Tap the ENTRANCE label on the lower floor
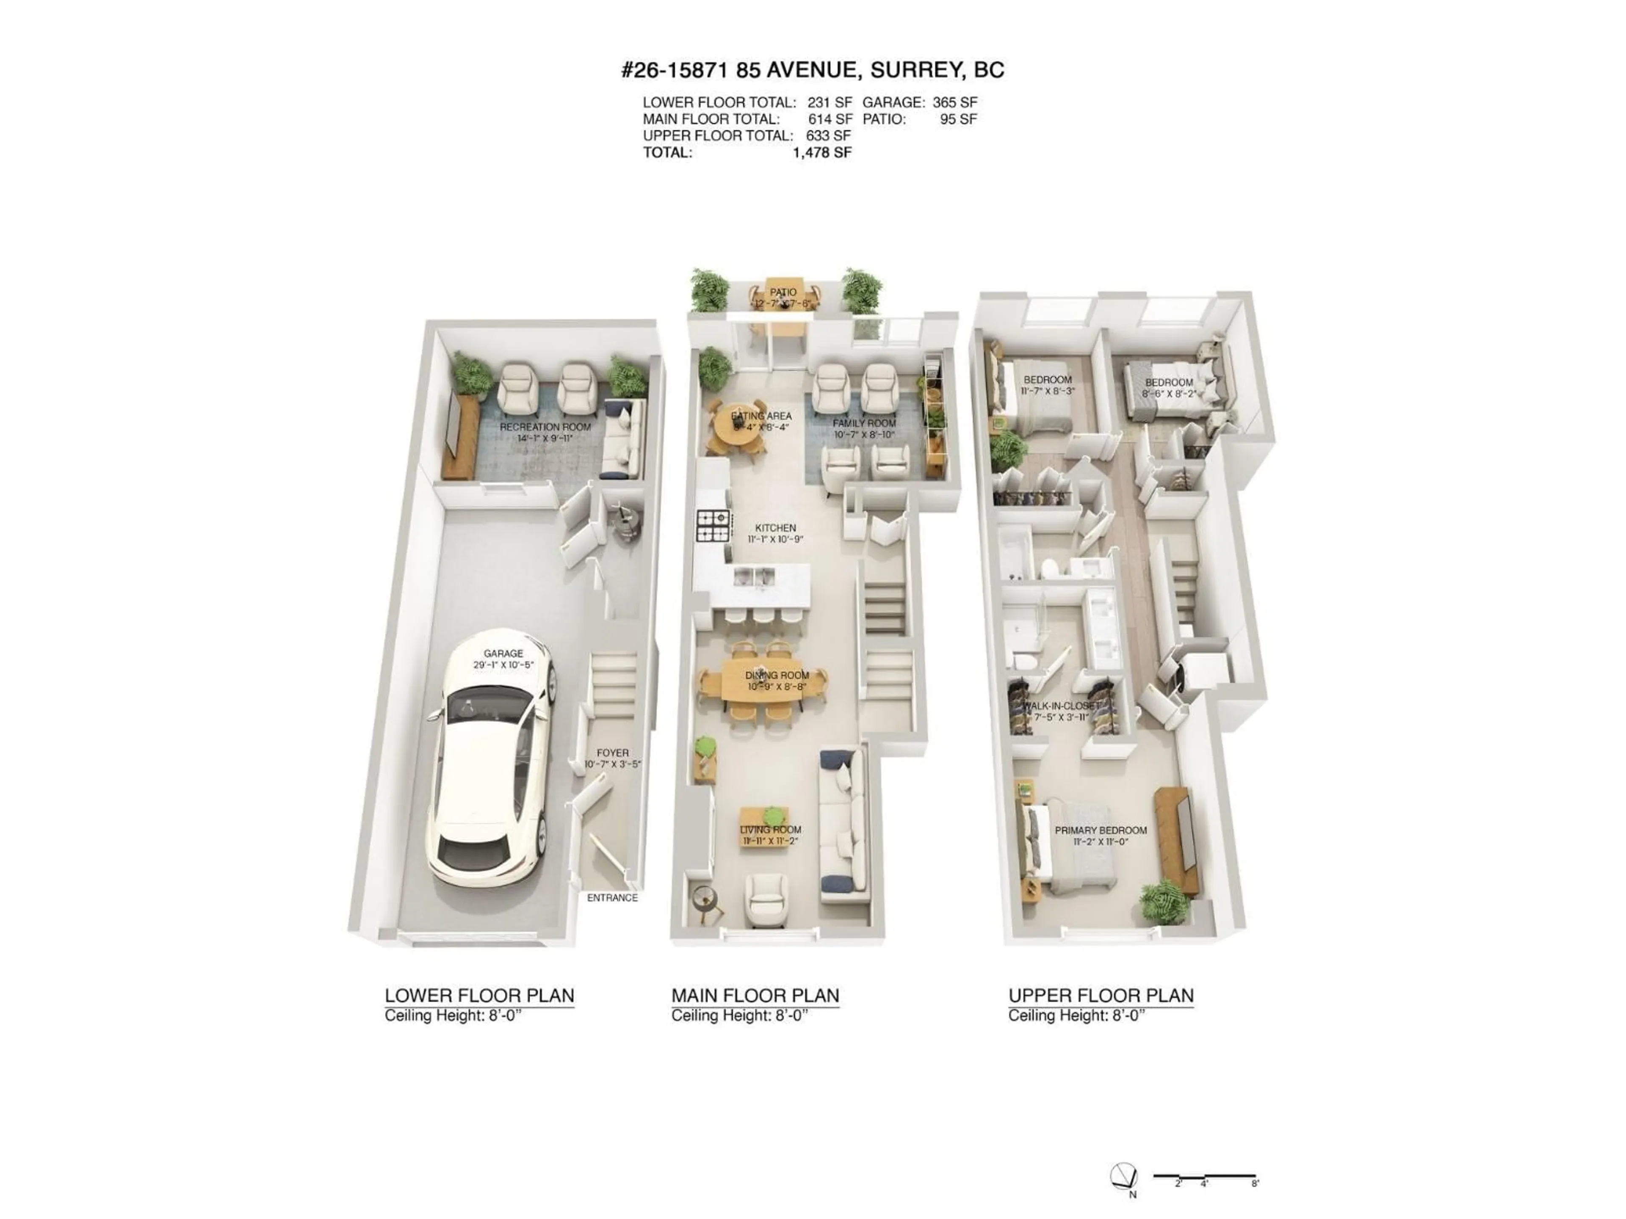[x=611, y=898]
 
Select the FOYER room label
[x=612, y=753]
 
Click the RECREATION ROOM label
[x=545, y=427]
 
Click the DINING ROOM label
[x=777, y=675]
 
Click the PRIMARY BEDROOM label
[x=1101, y=830]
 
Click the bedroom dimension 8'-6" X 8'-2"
[x=1169, y=394]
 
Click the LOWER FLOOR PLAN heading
[x=479, y=996]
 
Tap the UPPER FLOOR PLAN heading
[x=1101, y=996]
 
